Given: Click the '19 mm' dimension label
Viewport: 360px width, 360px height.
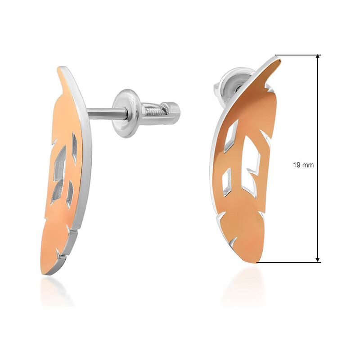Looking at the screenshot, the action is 303,165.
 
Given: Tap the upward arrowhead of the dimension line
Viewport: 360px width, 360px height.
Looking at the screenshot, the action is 318,57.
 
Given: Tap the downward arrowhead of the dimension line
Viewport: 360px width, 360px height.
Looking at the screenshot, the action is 318,260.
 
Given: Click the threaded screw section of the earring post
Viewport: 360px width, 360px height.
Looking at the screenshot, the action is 153,111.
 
